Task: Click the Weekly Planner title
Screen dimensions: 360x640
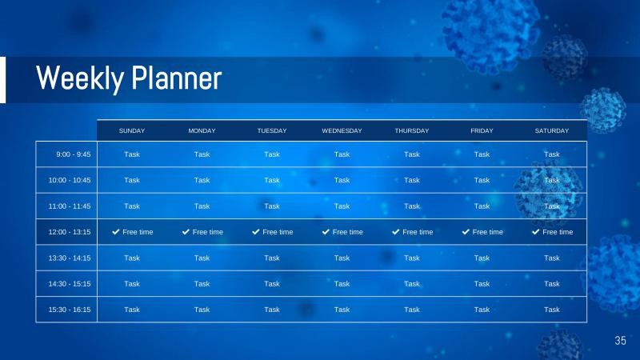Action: point(129,79)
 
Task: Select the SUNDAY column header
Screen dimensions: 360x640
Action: point(132,130)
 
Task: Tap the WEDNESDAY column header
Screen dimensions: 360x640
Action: point(342,130)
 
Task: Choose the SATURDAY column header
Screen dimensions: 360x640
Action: point(551,130)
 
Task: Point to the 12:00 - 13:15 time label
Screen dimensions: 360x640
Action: point(70,232)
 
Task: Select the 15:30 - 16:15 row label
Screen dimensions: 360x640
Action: point(70,310)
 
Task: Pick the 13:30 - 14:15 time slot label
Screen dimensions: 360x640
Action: point(70,258)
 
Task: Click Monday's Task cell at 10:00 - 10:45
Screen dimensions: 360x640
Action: point(202,180)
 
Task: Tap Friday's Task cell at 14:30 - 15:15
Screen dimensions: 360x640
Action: point(482,283)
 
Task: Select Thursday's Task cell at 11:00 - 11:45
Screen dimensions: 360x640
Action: point(411,206)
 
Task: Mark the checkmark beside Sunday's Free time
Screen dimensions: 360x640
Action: point(116,232)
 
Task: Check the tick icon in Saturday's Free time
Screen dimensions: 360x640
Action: point(536,232)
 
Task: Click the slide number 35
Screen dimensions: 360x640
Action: point(620,341)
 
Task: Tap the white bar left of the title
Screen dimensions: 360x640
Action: point(2,79)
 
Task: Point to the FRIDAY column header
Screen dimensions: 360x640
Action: point(482,130)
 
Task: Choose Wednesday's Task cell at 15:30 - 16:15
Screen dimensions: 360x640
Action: point(342,310)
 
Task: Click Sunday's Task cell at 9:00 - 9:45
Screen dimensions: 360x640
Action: point(132,154)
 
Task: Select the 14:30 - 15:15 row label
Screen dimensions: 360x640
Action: point(70,283)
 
